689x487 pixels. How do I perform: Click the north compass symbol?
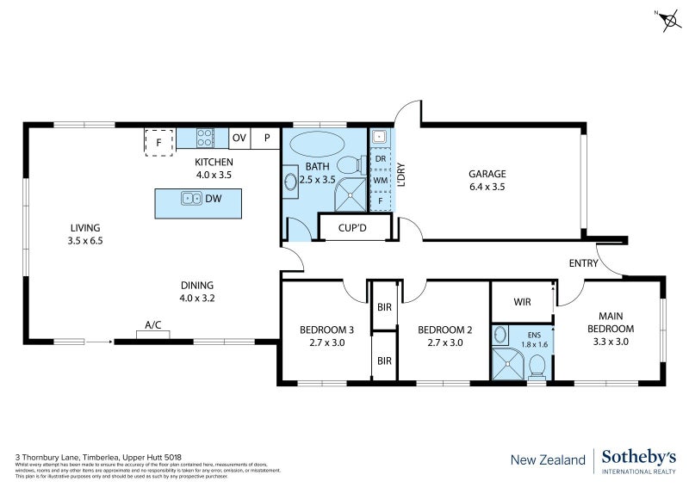(x=669, y=21)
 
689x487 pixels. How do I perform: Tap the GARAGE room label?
(x=487, y=173)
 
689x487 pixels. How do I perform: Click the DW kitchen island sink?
(x=192, y=199)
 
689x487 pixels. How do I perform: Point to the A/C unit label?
(x=153, y=325)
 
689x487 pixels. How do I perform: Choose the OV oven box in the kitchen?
(x=239, y=138)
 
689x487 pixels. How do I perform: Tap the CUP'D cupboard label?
(x=355, y=228)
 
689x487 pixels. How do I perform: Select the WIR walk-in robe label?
(x=521, y=302)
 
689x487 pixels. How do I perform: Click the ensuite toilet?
(x=537, y=367)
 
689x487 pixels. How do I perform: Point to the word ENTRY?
(x=583, y=263)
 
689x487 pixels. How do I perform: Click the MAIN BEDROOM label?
(x=611, y=323)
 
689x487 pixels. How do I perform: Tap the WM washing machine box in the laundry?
(x=380, y=180)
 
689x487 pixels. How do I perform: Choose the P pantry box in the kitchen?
(x=267, y=138)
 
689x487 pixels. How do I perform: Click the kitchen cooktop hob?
(x=206, y=137)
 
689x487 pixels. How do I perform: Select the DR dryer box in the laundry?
(x=380, y=159)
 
